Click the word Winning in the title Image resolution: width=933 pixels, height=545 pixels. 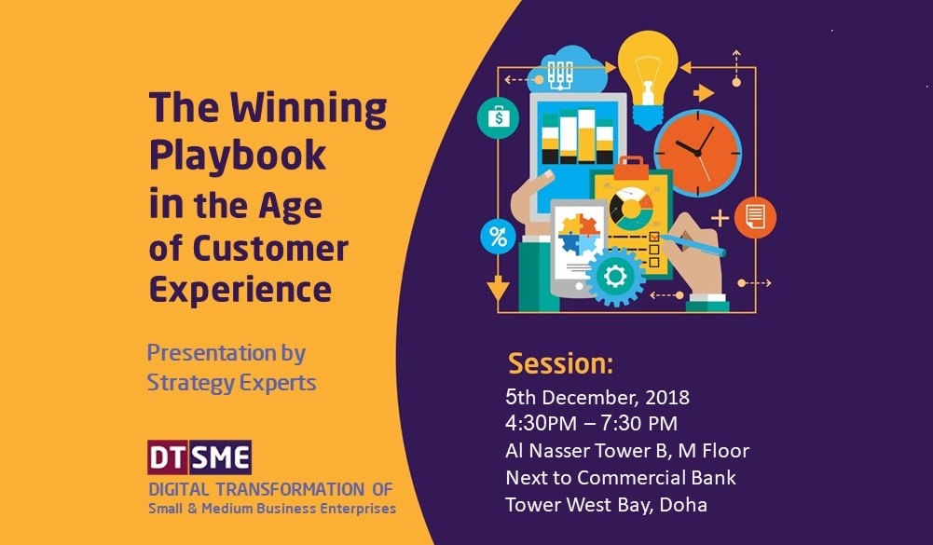[309, 110]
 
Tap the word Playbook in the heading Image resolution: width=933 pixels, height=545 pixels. [238, 156]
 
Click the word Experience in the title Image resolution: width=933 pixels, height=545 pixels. [240, 291]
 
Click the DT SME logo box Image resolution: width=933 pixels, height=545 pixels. [199, 456]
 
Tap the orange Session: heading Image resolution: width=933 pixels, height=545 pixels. [560, 363]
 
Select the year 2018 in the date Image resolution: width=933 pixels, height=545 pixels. [667, 397]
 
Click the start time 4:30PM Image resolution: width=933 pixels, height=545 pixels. [541, 423]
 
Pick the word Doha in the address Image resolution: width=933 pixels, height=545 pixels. [683, 505]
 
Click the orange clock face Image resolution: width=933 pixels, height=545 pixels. [697, 153]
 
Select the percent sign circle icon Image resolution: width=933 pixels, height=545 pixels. [498, 237]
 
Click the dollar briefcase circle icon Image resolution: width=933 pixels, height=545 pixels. [498, 117]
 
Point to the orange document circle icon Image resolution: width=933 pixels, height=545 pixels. [755, 217]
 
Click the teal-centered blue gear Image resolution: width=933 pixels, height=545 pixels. [614, 276]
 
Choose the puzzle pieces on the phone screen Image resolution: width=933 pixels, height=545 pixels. [578, 235]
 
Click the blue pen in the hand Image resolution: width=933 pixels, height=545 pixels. [693, 245]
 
